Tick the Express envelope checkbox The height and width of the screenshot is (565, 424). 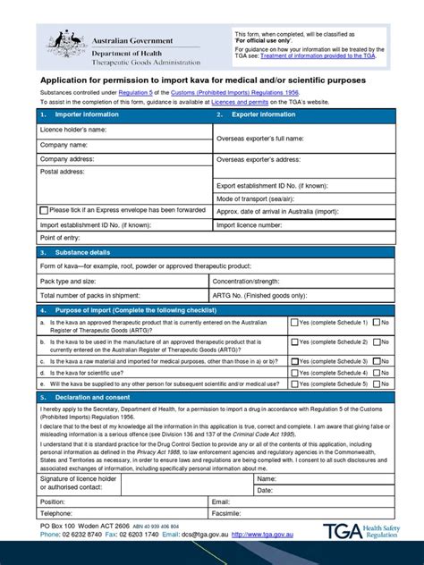coord(42,210)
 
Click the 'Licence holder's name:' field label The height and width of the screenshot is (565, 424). coord(72,131)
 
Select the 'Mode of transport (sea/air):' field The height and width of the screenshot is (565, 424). coord(301,198)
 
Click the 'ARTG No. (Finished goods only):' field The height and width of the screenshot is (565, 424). coord(301,294)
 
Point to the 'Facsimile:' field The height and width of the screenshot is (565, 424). coord(301,515)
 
